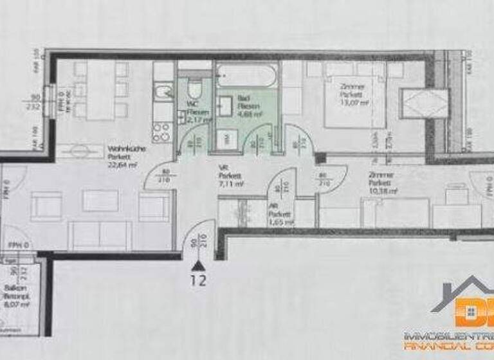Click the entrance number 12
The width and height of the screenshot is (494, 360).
[200, 281]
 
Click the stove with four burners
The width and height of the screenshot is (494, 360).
[161, 132]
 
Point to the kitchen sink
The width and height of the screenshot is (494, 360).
[162, 92]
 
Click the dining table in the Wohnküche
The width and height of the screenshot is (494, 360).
[100, 90]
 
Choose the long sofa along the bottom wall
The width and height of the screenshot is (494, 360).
[100, 235]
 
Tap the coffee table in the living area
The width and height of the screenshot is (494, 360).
[100, 201]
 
